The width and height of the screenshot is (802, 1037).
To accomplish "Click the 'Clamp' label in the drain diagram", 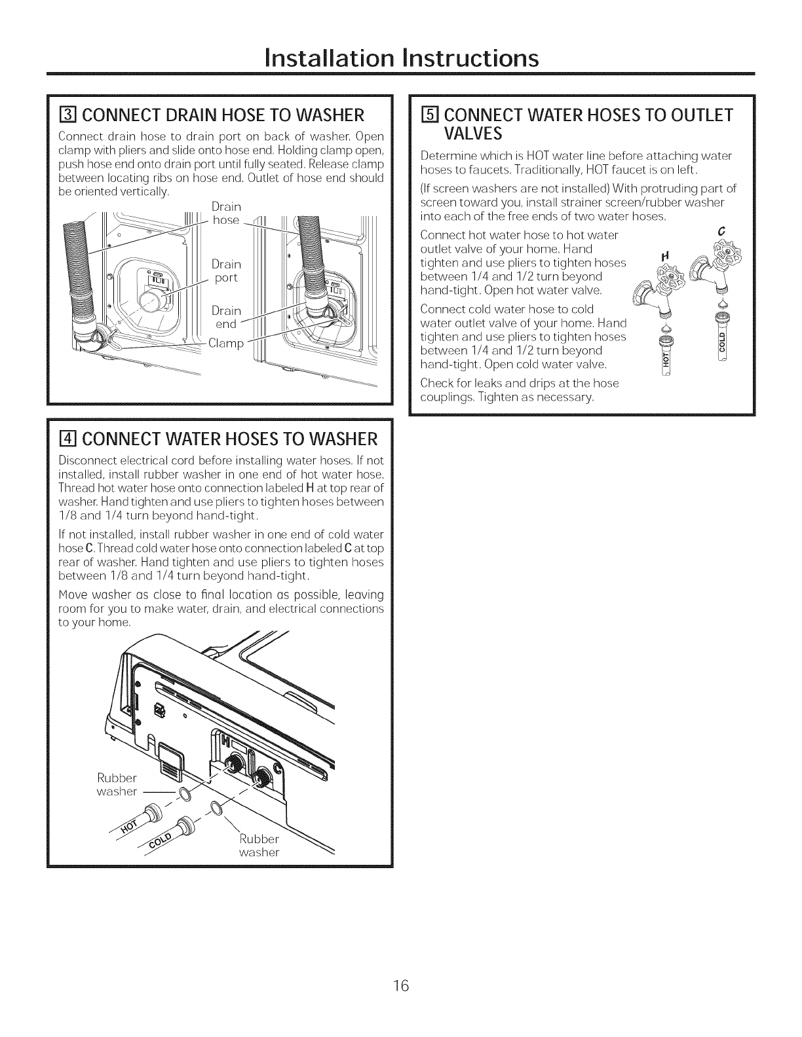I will pos(225,344).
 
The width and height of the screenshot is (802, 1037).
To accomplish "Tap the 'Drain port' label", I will pos(226,270).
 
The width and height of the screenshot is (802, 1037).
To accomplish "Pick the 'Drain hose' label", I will pos(226,213).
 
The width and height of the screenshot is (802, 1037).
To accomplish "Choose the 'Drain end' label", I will pos(226,317).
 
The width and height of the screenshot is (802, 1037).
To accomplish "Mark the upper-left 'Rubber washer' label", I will pos(117,784).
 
